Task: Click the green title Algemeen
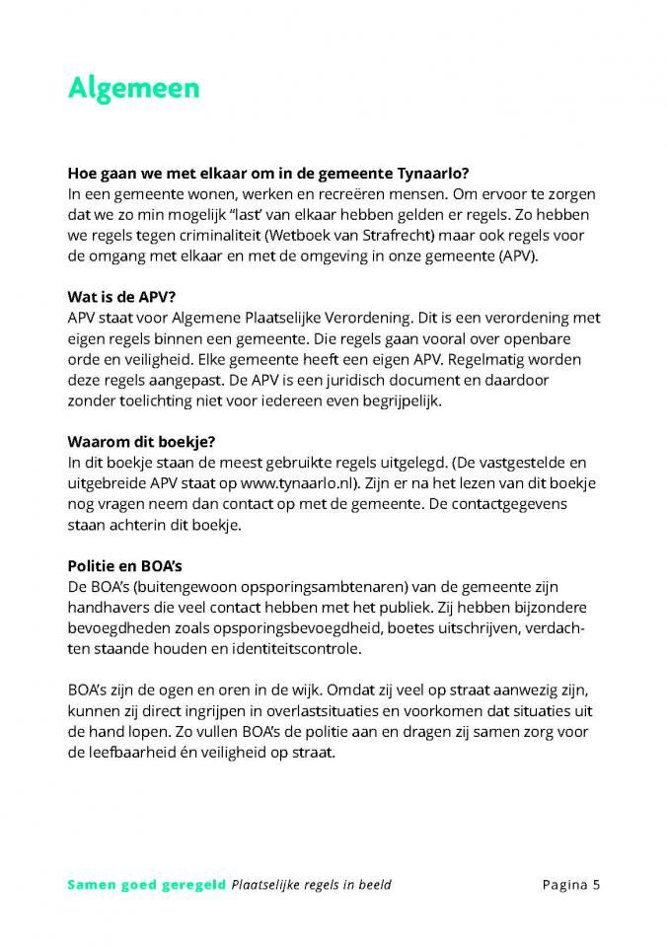[x=133, y=88]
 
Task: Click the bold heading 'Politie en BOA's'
[x=125, y=565]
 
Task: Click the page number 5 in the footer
[x=596, y=884]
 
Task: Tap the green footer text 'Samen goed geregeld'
[x=146, y=884]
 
